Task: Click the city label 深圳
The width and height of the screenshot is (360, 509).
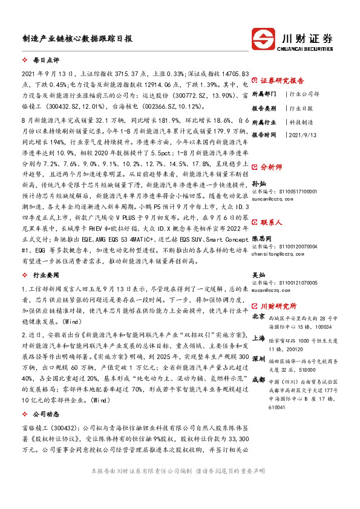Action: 258,359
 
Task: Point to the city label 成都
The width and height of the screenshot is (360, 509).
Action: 258,380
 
